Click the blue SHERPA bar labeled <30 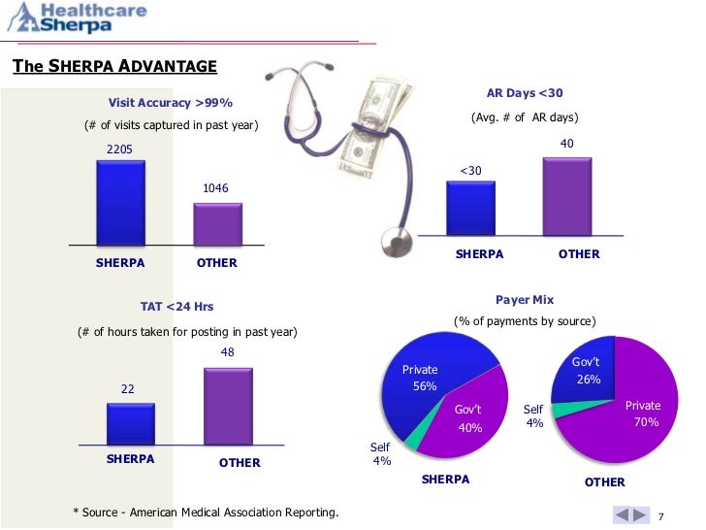click(469, 210)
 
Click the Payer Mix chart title click(525, 300)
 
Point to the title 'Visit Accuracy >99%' click(170, 102)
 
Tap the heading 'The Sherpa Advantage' click(114, 66)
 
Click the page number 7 click(661, 514)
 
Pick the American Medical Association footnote click(207, 512)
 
